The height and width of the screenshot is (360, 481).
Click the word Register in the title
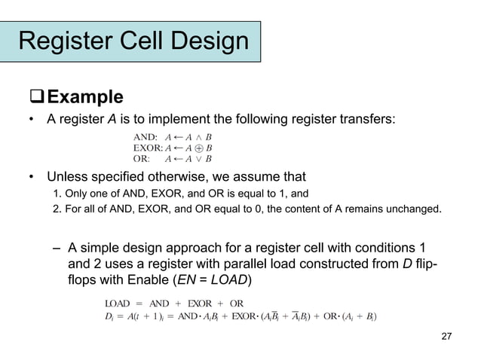[x=67, y=41]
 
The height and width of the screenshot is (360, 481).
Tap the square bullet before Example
[x=37, y=97]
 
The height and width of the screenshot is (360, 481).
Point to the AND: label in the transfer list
[x=146, y=137]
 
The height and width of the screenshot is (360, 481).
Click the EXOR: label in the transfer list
[x=148, y=148]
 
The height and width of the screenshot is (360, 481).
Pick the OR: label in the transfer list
[x=141, y=158]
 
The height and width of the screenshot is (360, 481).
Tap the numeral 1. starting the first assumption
[x=57, y=194]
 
